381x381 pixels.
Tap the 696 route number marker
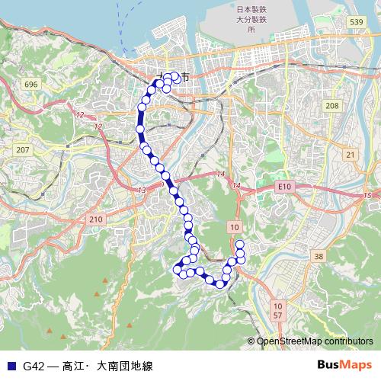(30, 83)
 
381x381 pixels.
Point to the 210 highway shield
(94, 219)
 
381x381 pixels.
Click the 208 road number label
(331, 106)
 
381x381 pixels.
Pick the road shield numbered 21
(351, 155)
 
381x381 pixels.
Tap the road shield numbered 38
(319, 256)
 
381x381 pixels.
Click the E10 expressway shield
(284, 186)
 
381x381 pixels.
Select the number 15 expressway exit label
(367, 197)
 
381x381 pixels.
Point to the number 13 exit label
(142, 189)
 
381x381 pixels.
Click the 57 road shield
(277, 315)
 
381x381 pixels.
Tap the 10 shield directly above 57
(277, 305)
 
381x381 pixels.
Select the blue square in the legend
(10, 366)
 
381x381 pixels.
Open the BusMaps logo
(344, 365)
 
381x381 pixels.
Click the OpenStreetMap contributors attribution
(314, 341)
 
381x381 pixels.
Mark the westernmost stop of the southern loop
(178, 269)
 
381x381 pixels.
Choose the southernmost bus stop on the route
(220, 284)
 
